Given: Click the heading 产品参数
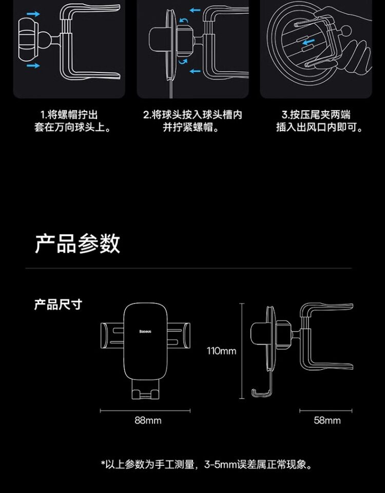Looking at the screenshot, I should pos(78,243).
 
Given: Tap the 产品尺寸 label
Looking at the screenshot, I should pos(57,304).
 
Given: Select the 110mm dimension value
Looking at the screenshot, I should pos(221,351).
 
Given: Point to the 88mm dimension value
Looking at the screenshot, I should pos(148,421).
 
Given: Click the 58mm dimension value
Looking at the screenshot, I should pos(327,421).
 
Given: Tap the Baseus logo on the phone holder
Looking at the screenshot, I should pos(145,331).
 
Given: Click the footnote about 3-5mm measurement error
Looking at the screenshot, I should pos(206,465).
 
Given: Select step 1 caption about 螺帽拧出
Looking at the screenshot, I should pos(72,121).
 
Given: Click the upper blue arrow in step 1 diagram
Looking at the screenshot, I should pos(32,14).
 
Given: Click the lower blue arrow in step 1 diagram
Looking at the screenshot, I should pos(32,66).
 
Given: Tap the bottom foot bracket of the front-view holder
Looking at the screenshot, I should pos(145,390).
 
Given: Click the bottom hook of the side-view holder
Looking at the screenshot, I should pos(262,393).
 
